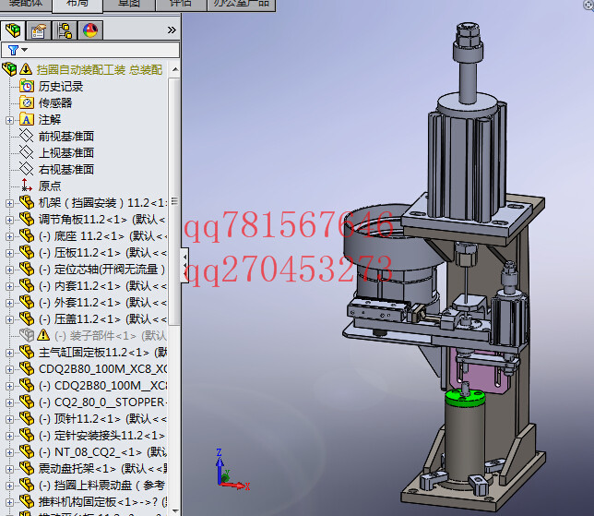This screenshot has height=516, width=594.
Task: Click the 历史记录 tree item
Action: pyautogui.click(x=60, y=86)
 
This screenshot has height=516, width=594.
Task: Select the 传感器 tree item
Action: pyautogui.click(x=54, y=102)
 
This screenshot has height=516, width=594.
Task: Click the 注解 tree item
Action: pyautogui.click(x=49, y=119)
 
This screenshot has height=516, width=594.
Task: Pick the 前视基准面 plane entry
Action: pyautogui.click(x=65, y=136)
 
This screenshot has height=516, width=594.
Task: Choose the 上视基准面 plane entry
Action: pyautogui.click(x=65, y=152)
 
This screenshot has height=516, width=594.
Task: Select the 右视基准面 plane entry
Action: pyautogui.click(x=65, y=169)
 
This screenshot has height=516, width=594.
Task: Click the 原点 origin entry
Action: pyautogui.click(x=49, y=186)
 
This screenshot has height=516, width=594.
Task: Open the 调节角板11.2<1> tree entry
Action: pyautogui.click(x=92, y=219)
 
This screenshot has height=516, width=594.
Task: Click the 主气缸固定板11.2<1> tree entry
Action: pyautogui.click(x=97, y=352)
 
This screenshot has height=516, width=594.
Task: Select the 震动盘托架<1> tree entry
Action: pyautogui.click(x=92, y=468)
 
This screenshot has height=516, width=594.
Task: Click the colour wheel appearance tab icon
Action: pyautogui.click(x=90, y=30)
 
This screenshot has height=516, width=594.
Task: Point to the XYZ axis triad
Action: pyautogui.click(x=227, y=472)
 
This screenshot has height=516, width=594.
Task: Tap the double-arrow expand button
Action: pyautogui.click(x=172, y=30)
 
